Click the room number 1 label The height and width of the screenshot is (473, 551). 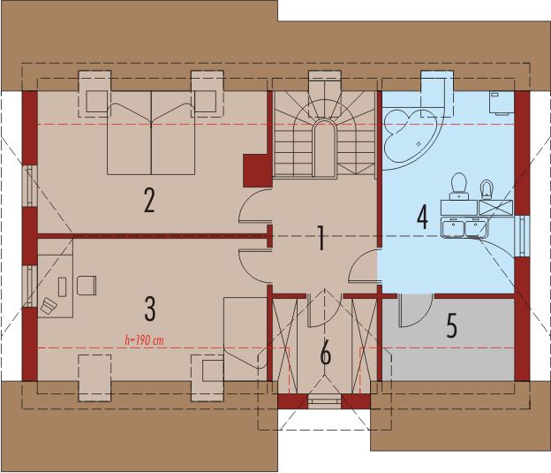(321, 238)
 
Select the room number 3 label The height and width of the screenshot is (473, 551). (150, 309)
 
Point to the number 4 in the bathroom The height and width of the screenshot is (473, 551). (422, 215)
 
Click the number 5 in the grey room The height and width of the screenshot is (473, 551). (451, 326)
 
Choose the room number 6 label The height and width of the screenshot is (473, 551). (325, 354)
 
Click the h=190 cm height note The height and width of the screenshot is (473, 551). (144, 339)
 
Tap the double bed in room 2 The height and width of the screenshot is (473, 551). (151, 135)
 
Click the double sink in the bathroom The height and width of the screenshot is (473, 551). (464, 227)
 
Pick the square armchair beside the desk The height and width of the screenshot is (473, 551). (87, 284)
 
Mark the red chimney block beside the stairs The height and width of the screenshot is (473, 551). (256, 168)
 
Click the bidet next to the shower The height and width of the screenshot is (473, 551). (485, 188)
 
